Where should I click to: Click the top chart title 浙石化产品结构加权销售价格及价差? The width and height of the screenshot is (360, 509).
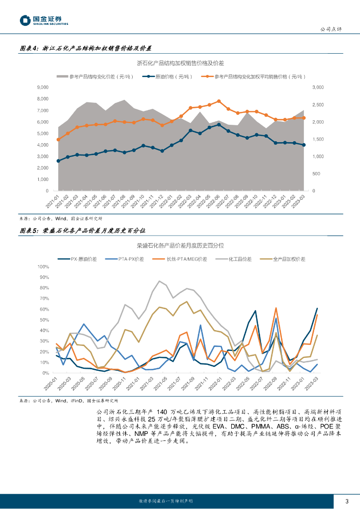[180, 64]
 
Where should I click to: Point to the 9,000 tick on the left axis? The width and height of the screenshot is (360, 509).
[43, 87]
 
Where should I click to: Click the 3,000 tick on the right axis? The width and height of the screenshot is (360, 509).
[318, 87]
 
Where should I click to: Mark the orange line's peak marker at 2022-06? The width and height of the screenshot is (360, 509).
[219, 101]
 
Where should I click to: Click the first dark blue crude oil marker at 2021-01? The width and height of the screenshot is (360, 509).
[58, 161]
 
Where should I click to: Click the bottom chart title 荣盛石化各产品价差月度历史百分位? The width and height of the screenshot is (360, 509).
[180, 246]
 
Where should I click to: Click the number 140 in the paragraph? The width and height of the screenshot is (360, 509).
[163, 412]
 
